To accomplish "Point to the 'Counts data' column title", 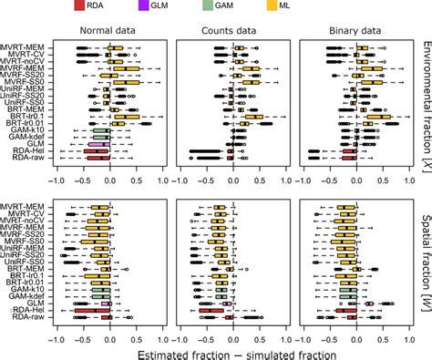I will click(x=231, y=30).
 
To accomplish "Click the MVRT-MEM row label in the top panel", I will click(x=26, y=44).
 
